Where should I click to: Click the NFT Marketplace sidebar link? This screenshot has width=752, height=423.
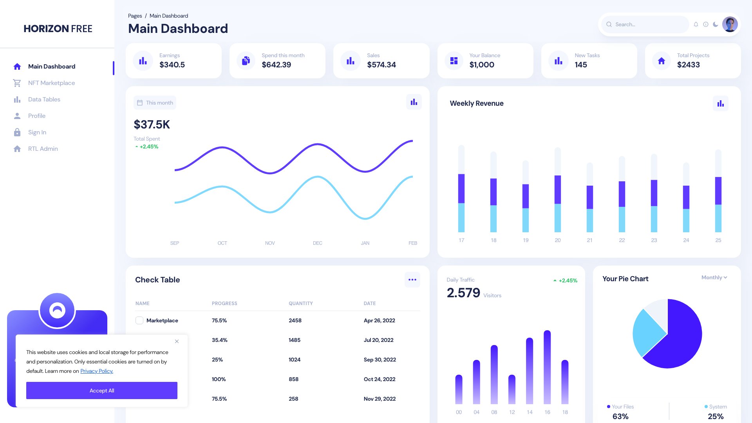click(x=51, y=83)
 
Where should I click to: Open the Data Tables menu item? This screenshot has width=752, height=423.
click(x=44, y=99)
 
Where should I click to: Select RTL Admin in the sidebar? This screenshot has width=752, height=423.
click(x=43, y=149)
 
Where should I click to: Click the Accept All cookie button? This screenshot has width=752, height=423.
click(x=102, y=390)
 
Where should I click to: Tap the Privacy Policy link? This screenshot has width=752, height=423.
click(x=97, y=371)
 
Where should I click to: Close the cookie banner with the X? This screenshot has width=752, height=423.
click(x=177, y=342)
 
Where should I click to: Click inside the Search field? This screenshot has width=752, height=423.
click(x=648, y=24)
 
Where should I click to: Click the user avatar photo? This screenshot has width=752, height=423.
click(x=730, y=24)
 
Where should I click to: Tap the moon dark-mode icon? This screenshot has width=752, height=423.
click(x=716, y=24)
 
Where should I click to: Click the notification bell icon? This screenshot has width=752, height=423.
click(x=696, y=24)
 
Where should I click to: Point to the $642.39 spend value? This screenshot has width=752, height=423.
click(x=277, y=65)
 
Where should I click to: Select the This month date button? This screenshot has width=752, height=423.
click(x=155, y=103)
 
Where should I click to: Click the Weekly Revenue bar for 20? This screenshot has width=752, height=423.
click(x=558, y=196)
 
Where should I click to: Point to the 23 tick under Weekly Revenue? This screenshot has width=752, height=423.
click(x=654, y=240)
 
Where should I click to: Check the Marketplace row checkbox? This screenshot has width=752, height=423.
click(x=139, y=320)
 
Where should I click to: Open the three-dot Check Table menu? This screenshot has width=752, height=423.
click(x=412, y=280)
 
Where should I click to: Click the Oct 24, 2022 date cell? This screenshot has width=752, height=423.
click(x=380, y=379)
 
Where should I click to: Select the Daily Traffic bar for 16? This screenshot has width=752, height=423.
click(x=547, y=368)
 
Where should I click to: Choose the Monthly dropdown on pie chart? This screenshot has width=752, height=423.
click(x=714, y=277)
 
